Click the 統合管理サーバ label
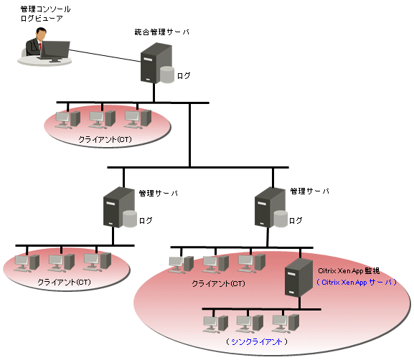coord(162,32)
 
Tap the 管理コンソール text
coord(45,9)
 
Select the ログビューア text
coord(42,19)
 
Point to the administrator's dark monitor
coord(55,50)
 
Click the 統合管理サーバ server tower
coord(156,63)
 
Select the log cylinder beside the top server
coord(167,75)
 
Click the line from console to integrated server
coord(105,56)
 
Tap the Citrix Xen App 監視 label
coord(349,271)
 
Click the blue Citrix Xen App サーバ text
coord(357,283)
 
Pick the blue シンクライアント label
coord(257,342)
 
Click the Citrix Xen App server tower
coord(298,278)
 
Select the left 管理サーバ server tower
coord(118,207)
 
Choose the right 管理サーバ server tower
coord(270,207)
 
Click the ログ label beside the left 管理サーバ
coord(146,220)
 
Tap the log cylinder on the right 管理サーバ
coord(281,219)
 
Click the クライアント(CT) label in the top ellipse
coord(105,139)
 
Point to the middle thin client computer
coord(250,323)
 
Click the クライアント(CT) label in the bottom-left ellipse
coord(64,282)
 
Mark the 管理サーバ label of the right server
coord(310,191)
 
